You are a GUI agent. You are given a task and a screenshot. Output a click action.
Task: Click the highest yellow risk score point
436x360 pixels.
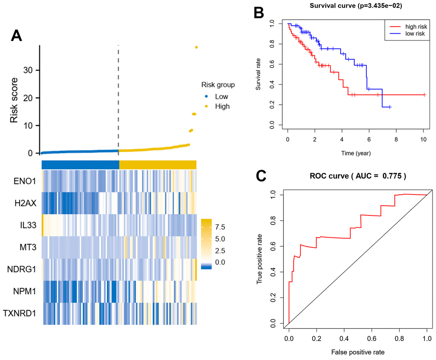click(196, 47)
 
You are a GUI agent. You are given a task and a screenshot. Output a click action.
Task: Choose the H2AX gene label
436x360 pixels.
click(25, 203)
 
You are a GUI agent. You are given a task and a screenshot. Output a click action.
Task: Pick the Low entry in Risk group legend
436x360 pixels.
click(221, 97)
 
